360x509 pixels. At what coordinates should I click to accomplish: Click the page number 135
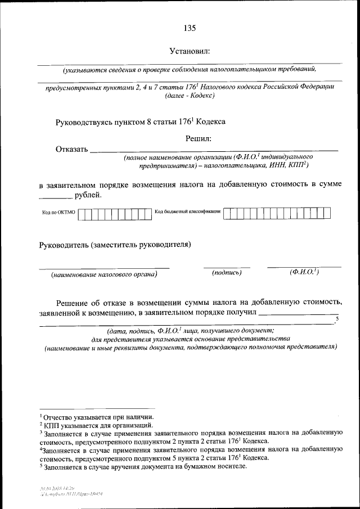pos(189,28)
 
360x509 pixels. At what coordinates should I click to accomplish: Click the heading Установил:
pos(190,51)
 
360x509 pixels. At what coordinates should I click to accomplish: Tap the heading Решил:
pos(198,138)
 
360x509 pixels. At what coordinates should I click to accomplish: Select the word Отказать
pos(71,150)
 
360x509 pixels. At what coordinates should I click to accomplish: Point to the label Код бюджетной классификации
pos(187,213)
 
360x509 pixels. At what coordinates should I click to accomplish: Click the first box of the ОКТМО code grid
pos(82,214)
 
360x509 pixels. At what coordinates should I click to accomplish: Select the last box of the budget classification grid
pos(326,213)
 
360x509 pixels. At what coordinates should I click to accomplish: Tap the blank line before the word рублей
pos(56,197)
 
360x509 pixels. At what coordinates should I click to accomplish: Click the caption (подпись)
pos(227,273)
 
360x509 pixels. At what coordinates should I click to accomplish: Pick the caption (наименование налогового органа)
pos(103,274)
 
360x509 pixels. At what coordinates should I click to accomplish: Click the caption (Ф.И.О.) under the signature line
pos(304,272)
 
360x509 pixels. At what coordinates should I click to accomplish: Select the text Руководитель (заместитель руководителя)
pos(115,245)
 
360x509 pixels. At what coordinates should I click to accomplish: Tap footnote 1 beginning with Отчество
pos(93,417)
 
